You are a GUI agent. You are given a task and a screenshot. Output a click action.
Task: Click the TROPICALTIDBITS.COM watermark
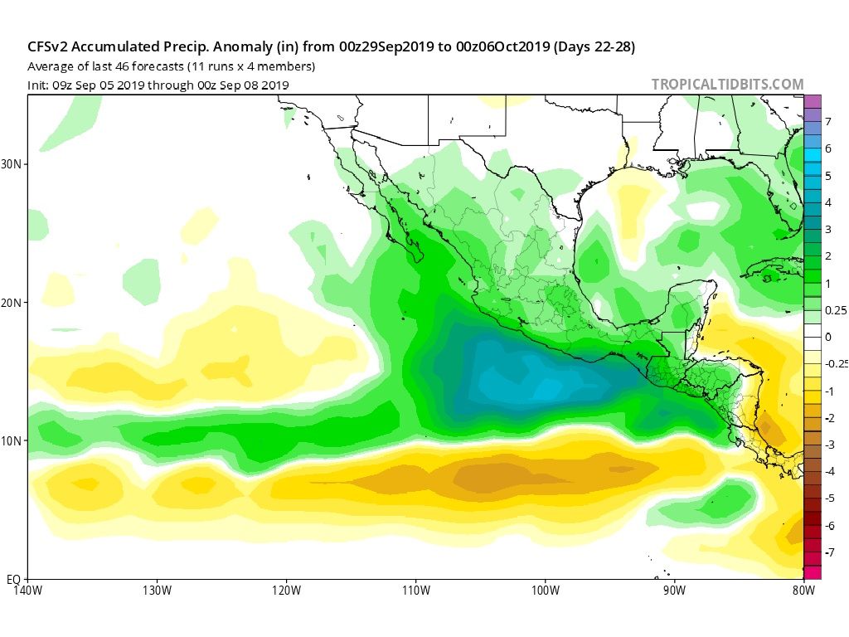(727, 85)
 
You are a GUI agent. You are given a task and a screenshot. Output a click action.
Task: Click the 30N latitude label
(12, 164)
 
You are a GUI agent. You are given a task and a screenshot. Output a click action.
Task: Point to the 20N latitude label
(12, 303)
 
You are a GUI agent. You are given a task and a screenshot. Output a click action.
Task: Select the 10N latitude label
(12, 440)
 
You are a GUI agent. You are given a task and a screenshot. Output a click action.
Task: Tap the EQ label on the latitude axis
(13, 578)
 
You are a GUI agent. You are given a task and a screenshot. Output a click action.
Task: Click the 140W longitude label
(27, 591)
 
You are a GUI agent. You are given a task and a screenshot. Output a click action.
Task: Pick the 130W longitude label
(157, 591)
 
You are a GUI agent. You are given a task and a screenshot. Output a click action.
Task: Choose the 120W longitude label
(286, 591)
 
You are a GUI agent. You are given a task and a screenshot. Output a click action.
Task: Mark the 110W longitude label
(415, 591)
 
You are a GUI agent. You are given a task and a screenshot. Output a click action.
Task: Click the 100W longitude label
(545, 591)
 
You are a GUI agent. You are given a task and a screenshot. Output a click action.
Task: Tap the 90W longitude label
(674, 591)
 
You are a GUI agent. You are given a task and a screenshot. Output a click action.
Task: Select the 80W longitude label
(803, 591)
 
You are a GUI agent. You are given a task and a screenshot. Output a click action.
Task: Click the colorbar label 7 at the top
(828, 122)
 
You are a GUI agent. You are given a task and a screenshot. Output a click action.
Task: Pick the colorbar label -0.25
(836, 364)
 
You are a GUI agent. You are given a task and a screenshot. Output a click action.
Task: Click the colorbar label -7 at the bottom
(829, 552)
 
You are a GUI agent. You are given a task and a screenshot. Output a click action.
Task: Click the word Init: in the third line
(39, 85)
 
